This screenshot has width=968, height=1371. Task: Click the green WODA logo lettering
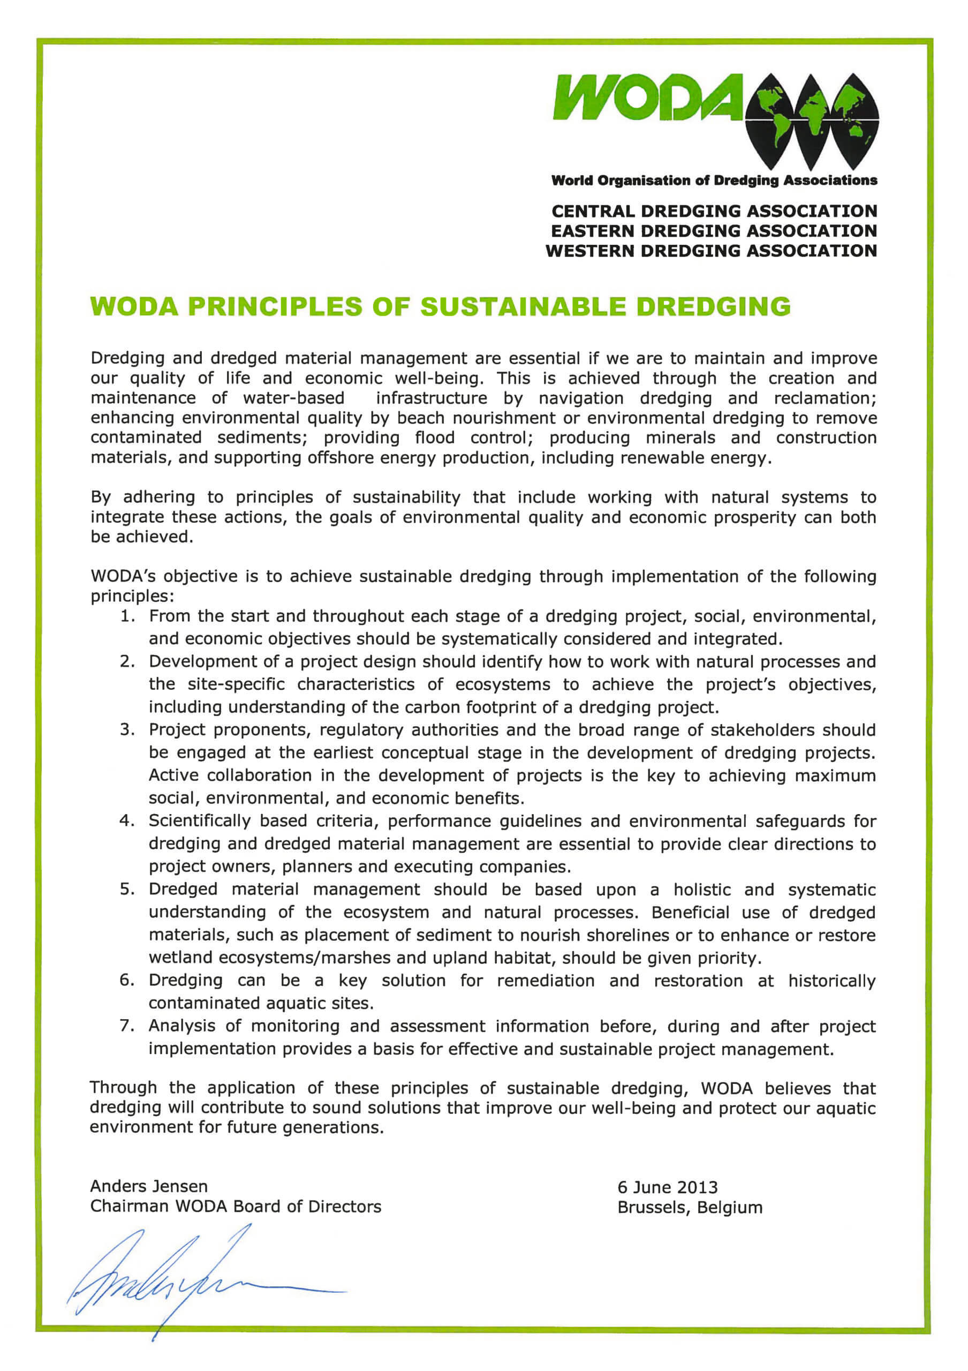(x=647, y=97)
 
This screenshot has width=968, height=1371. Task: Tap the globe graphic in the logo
(x=812, y=119)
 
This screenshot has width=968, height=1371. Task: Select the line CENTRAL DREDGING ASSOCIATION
(x=714, y=212)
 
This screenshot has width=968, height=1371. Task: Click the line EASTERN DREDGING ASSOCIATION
(x=714, y=231)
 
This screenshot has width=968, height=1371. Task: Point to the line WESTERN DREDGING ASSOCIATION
(x=711, y=251)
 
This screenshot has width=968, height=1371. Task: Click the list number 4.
(x=126, y=821)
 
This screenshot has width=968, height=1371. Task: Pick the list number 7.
(x=126, y=1026)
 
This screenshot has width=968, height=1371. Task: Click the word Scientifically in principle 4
(x=199, y=821)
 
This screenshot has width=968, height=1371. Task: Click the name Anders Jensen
(x=149, y=1186)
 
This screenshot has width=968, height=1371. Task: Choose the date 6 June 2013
(x=667, y=1187)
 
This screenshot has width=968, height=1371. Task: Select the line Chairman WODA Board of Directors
(x=235, y=1206)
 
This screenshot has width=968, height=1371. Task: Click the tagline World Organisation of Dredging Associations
(x=714, y=180)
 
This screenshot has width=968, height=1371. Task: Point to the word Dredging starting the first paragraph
(x=126, y=358)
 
